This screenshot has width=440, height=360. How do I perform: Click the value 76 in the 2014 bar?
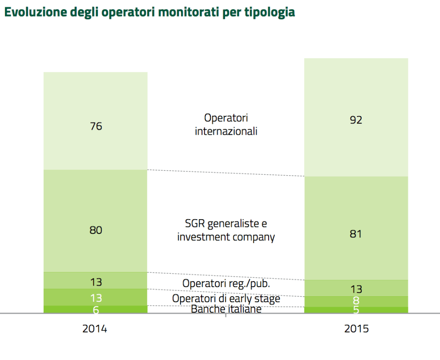96,126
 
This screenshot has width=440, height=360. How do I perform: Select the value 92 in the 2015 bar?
356,120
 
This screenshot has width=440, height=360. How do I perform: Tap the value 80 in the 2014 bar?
96,230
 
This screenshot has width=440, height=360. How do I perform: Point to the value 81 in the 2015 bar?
356,234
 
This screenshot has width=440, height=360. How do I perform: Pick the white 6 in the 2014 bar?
96,310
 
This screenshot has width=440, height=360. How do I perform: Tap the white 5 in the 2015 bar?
356,310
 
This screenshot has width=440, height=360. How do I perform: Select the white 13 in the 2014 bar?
96,298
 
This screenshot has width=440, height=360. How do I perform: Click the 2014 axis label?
95,329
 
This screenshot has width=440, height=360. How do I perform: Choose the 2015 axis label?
356,329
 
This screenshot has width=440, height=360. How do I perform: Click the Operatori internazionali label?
226,125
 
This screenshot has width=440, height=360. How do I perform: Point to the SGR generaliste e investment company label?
226,231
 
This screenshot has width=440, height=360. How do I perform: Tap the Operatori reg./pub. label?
226,283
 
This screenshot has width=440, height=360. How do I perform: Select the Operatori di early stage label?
226,299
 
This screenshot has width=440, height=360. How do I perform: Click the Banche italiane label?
226,309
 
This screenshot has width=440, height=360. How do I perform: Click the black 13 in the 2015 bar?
356,289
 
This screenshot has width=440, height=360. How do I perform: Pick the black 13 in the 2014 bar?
96,282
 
